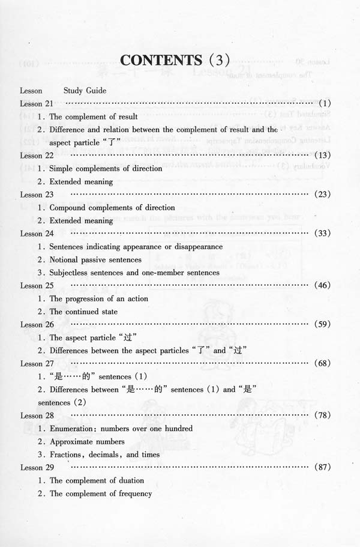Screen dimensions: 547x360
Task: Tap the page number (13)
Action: [x=322, y=156]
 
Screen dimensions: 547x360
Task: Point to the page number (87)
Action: [x=322, y=467]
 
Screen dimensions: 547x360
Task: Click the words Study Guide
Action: [x=85, y=91]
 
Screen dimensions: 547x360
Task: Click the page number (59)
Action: [x=322, y=324]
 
